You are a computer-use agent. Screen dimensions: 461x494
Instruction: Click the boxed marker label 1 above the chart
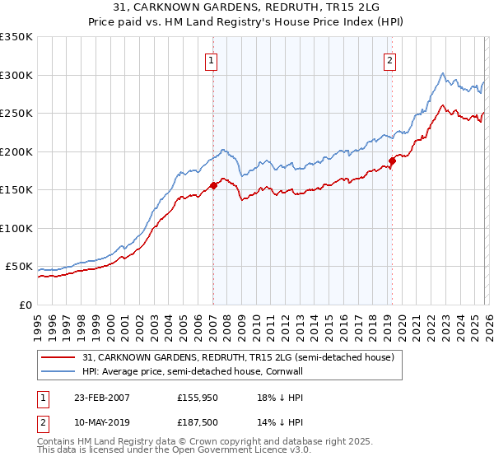point(212,59)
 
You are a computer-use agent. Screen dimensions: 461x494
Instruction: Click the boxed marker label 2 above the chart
point(389,59)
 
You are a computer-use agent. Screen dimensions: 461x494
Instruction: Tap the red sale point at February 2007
point(213,185)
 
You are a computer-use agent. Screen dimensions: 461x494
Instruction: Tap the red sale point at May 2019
point(392,161)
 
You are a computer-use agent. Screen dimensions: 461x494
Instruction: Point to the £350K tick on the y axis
point(16,37)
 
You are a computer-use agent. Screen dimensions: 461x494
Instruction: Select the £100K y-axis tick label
point(16,228)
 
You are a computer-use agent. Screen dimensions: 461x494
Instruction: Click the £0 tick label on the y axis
point(25,305)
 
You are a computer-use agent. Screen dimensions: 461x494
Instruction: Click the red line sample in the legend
point(59,357)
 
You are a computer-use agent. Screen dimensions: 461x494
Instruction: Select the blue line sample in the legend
point(59,372)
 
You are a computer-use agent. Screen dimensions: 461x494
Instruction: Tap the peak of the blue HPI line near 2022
point(443,72)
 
